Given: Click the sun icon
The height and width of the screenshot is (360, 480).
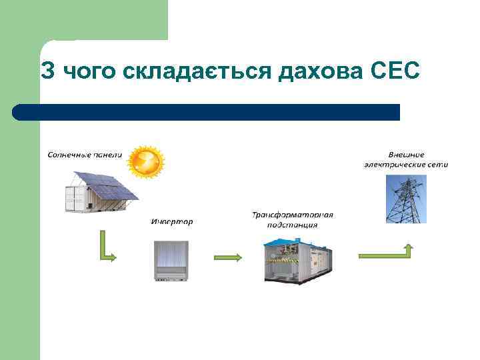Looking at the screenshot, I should [146, 162].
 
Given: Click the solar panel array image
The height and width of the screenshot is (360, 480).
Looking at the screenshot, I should [101, 191].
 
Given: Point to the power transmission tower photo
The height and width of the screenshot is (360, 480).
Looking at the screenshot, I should [406, 199].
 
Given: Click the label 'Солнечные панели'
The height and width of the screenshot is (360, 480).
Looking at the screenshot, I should [85, 155].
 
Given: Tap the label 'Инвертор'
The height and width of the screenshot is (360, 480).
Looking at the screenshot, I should [171, 221].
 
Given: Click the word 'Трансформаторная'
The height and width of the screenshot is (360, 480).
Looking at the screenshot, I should [292, 215].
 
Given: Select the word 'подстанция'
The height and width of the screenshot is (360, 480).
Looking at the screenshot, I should [292, 225].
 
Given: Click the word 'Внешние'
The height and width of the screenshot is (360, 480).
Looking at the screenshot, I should [406, 154].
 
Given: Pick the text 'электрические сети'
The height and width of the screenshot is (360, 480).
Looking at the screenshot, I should [406, 164].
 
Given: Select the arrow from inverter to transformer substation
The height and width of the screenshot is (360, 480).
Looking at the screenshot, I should [228, 257].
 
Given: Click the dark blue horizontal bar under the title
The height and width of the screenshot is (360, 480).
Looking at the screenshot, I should [207, 112].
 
